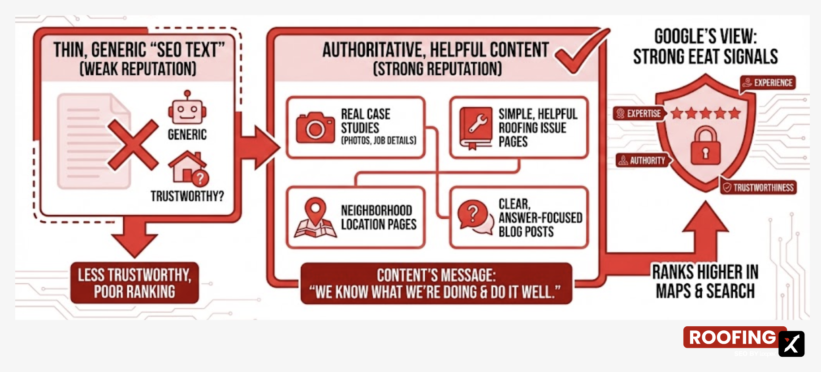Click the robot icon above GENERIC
tap(187, 108)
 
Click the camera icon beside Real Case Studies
tap(315, 127)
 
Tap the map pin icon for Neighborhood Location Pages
tap(315, 218)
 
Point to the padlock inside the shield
tap(705, 145)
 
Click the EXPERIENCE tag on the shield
tap(768, 83)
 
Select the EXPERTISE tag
tap(639, 113)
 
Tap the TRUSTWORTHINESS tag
tap(758, 187)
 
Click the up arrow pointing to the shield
tap(705, 224)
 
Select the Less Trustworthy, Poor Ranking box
tap(134, 283)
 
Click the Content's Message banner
tap(436, 284)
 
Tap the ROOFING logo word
tap(732, 337)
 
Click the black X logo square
tap(791, 344)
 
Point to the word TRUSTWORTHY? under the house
tap(187, 196)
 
